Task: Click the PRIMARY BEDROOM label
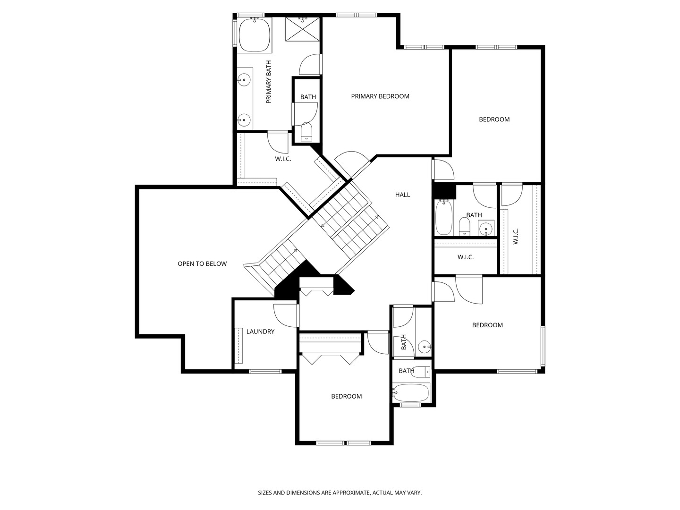[380, 96]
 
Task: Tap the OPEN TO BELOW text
[202, 264]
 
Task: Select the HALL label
[402, 195]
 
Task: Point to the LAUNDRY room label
[260, 331]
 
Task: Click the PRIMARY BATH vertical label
[269, 82]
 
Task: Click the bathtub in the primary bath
[255, 35]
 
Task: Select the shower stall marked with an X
[302, 29]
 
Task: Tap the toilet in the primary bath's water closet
[306, 132]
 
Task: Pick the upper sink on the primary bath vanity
[244, 80]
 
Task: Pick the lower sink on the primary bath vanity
[244, 119]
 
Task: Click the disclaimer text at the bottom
[340, 493]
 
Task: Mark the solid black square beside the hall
[444, 192]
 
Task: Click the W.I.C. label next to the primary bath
[283, 159]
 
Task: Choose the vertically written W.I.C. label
[516, 237]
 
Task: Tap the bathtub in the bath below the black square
[444, 217]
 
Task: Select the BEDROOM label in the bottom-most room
[346, 396]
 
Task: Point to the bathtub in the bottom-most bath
[411, 392]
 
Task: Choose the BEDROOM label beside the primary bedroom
[494, 119]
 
